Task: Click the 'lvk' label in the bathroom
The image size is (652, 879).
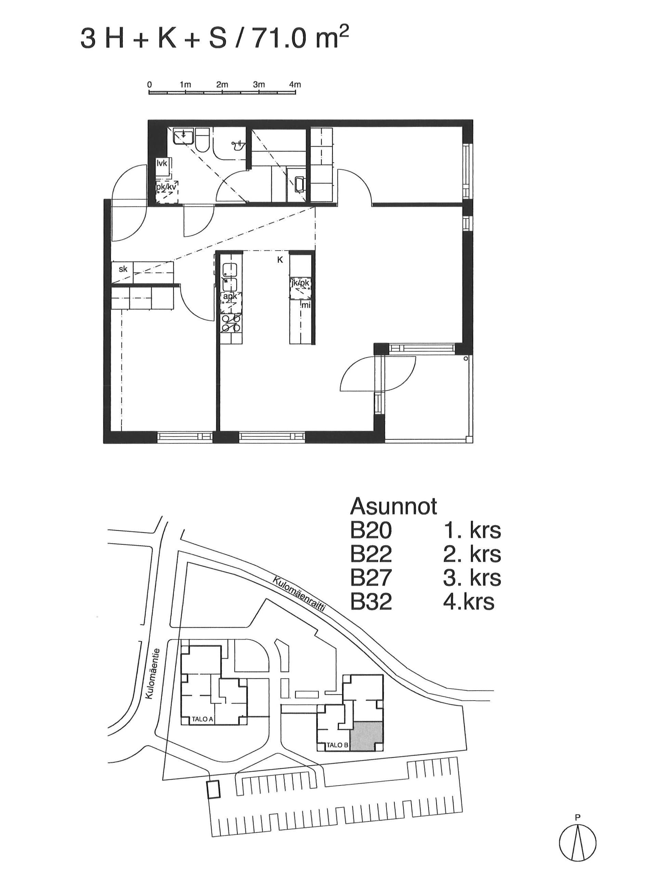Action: click(x=162, y=163)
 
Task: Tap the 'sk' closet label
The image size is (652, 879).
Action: click(x=123, y=269)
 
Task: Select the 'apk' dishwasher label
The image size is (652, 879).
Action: click(x=231, y=297)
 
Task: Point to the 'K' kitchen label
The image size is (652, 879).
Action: click(x=280, y=260)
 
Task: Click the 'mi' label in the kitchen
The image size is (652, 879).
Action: click(x=306, y=305)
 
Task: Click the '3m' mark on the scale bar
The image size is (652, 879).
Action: click(x=259, y=85)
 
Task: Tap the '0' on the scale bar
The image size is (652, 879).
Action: click(x=149, y=85)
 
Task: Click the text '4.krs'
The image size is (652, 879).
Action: click(x=469, y=601)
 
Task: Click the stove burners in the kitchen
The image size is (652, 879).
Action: click(x=231, y=323)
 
